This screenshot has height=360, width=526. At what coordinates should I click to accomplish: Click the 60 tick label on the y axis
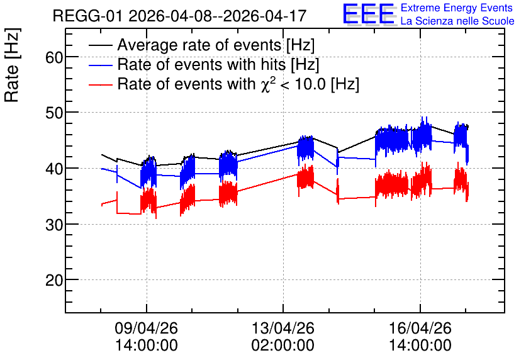tap(54, 57)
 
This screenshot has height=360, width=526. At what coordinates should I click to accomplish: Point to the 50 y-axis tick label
tap(54, 113)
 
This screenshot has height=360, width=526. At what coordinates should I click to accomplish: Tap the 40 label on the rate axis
tap(54, 169)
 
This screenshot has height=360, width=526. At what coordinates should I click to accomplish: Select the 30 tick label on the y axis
tap(54, 225)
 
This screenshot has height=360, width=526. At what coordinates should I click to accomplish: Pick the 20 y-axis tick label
tap(54, 280)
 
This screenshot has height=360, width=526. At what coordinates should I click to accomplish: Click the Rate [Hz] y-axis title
tap(12, 65)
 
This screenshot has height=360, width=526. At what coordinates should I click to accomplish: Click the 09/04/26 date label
tap(146, 328)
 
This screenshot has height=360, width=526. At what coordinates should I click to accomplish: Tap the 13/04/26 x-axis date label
tap(283, 328)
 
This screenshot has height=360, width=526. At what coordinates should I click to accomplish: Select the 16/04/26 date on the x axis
tap(420, 328)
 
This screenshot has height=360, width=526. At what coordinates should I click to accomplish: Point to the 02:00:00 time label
tap(283, 345)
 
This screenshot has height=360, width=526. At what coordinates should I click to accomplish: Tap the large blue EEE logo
tap(369, 14)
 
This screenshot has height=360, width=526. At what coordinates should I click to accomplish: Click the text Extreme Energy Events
tap(457, 8)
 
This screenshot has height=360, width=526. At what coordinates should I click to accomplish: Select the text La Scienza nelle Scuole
tap(457, 21)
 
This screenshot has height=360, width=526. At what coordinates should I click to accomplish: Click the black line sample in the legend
tap(101, 45)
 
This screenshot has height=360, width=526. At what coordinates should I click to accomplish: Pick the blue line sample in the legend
tap(101, 65)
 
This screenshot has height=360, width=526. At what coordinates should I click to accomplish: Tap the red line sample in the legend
tap(101, 84)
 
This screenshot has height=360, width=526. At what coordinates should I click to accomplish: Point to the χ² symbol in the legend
tap(266, 83)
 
